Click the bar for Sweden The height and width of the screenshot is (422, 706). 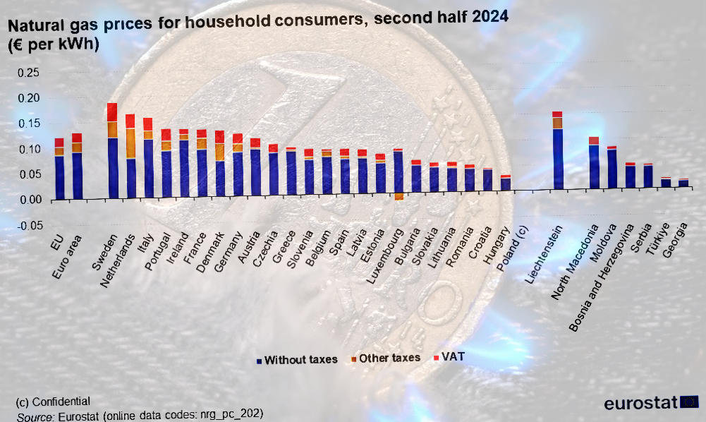(x=112, y=155)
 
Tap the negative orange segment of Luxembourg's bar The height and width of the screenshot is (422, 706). (x=398, y=197)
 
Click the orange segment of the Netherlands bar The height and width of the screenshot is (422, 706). (x=130, y=143)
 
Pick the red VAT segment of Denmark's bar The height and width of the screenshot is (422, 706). (x=219, y=137)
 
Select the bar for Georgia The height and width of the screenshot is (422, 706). (x=683, y=183)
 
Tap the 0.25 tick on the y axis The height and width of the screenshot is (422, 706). (x=29, y=73)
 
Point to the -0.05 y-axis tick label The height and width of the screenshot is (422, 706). (x=28, y=226)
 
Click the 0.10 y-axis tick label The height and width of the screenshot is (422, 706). (x=29, y=150)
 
